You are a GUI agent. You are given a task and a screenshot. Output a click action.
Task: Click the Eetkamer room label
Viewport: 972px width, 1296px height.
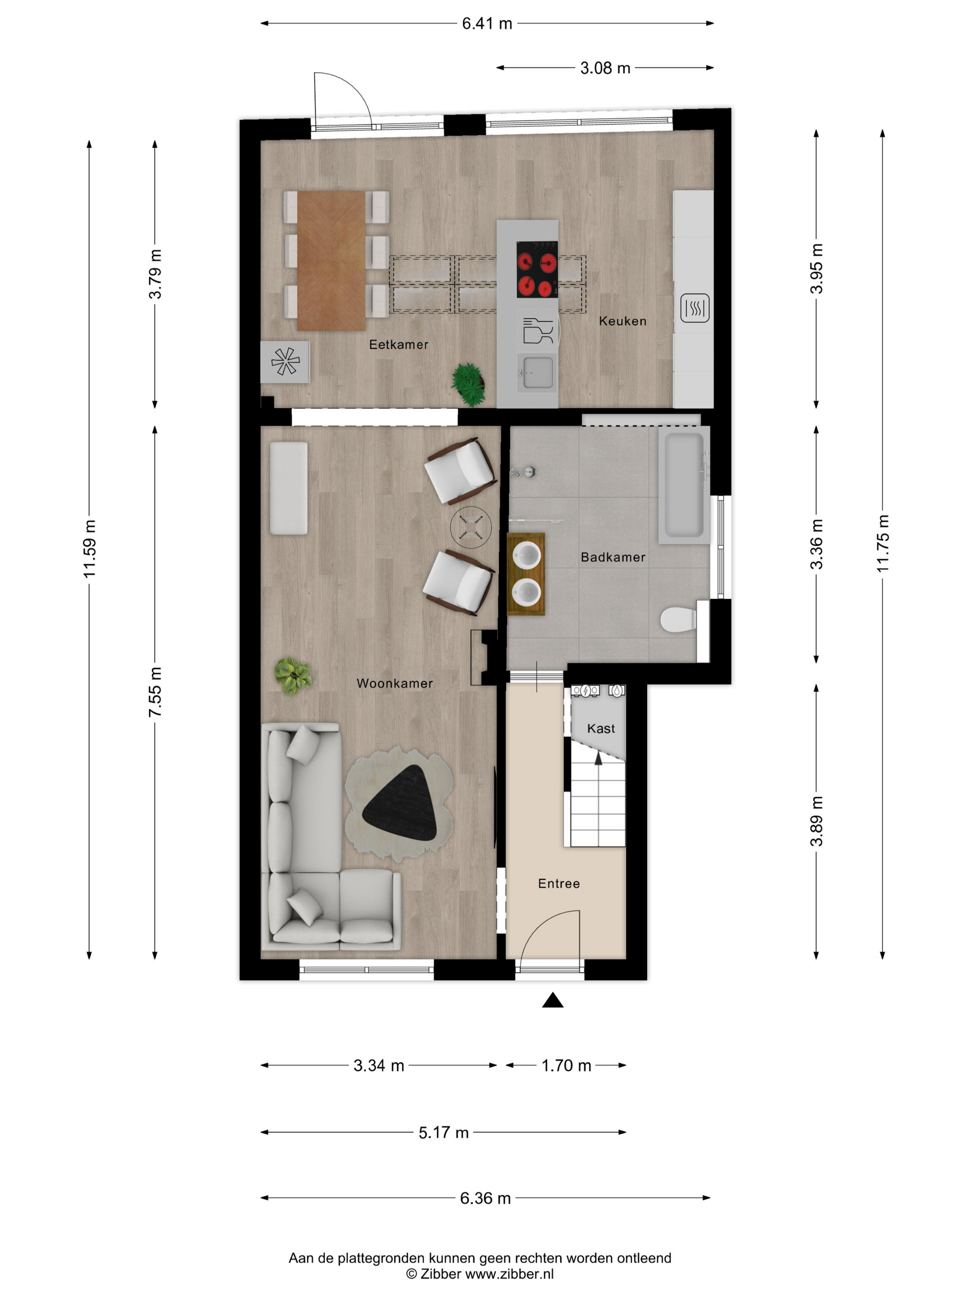tap(399, 344)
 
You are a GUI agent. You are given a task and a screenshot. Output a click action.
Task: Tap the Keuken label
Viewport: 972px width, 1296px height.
tap(622, 321)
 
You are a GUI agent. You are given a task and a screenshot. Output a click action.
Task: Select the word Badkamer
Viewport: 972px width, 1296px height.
tap(613, 557)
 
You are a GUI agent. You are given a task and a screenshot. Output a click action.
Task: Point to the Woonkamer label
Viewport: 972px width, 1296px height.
tap(395, 683)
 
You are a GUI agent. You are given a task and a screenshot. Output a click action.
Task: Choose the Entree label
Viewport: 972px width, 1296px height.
tap(559, 884)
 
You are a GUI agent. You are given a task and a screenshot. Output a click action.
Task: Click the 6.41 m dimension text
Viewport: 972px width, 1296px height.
tap(487, 24)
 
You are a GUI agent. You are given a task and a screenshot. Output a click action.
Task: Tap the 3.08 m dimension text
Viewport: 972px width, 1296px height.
tap(605, 68)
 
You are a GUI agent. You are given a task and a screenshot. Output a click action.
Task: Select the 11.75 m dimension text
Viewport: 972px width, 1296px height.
tap(882, 544)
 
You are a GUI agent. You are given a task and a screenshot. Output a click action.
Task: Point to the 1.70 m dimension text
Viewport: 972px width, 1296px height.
tap(566, 1065)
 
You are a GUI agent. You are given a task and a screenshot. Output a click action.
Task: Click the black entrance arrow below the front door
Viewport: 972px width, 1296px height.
tap(553, 1001)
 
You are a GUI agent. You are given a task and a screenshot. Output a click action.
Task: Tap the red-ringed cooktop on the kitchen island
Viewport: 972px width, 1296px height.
tap(536, 269)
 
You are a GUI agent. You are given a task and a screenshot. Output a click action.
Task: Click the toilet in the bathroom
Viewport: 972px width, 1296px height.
tap(679, 619)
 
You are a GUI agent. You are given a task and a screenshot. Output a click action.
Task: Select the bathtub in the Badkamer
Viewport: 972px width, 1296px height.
tap(683, 485)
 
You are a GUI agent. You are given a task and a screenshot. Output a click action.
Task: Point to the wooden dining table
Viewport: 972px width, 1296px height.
tap(331, 261)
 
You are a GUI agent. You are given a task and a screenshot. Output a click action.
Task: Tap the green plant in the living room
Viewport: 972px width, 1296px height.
tap(293, 675)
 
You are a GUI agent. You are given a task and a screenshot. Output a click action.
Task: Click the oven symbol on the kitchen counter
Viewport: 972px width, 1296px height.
tap(695, 308)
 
